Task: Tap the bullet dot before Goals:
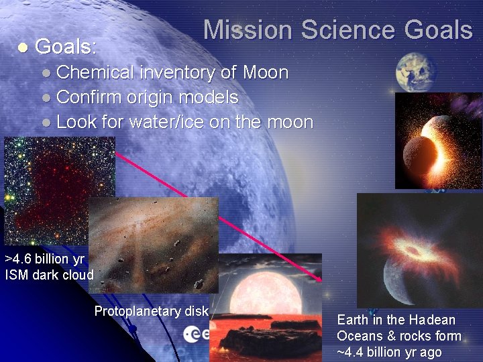coord(22,48)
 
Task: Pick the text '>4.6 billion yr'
coord(45,259)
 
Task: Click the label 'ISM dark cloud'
coord(49,274)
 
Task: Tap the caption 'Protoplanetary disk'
coord(152,311)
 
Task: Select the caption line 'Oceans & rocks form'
coord(399,337)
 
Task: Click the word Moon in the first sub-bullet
coord(266,72)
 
